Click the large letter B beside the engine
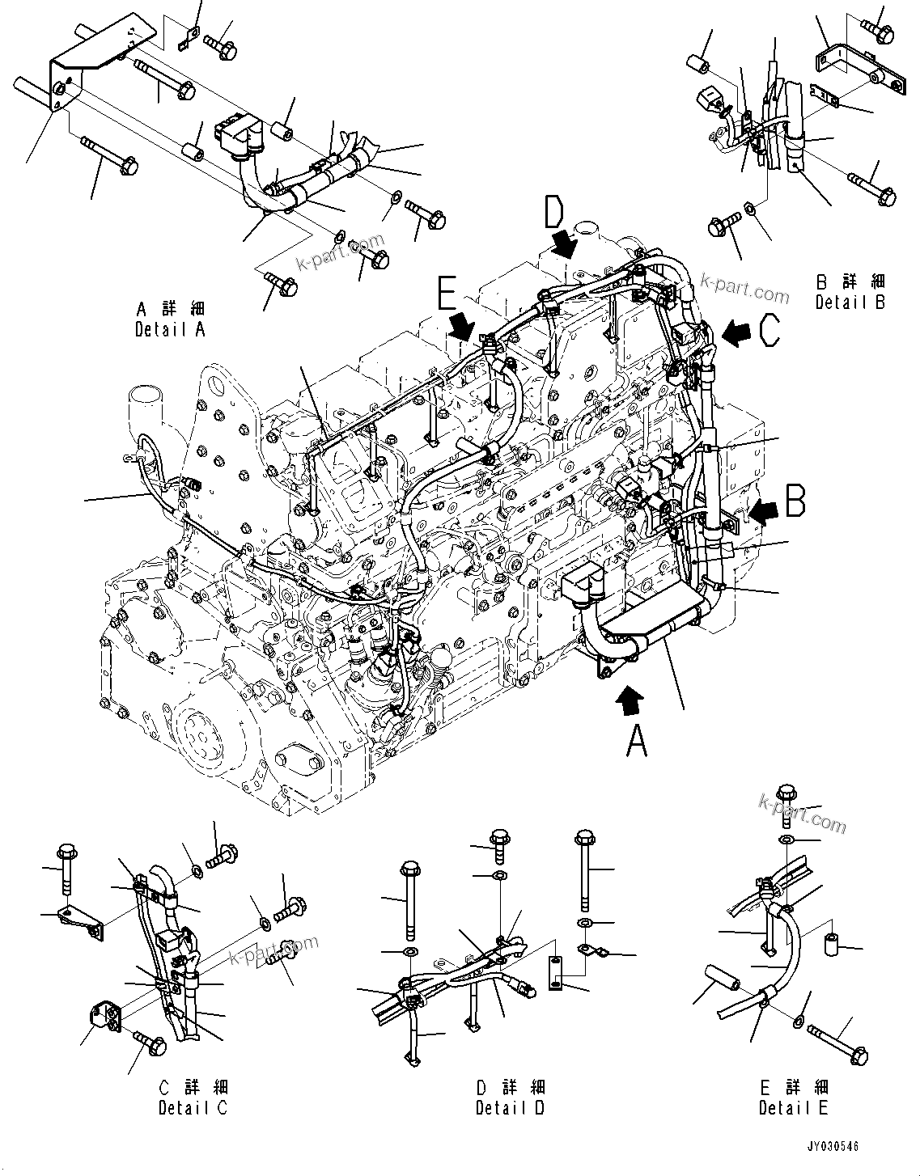tap(795, 502)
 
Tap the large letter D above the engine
tap(553, 213)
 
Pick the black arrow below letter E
tap(463, 328)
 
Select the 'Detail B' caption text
tap(850, 302)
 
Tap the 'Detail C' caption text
tap(193, 1107)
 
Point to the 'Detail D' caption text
tap(510, 1107)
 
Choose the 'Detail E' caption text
tap(793, 1107)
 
